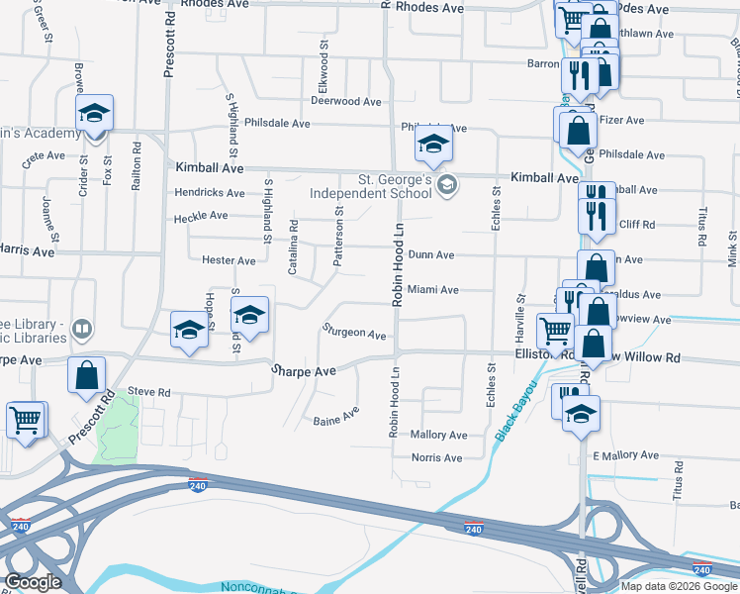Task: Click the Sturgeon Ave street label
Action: click(x=353, y=335)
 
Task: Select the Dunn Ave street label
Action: click(x=431, y=255)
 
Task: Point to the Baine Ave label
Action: click(x=335, y=420)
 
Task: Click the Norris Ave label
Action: click(x=437, y=458)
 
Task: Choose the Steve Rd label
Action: click(x=149, y=393)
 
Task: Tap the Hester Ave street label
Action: click(x=229, y=261)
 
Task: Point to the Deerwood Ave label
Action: click(x=345, y=102)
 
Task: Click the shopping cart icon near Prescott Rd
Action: click(x=27, y=419)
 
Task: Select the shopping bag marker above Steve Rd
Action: click(x=87, y=375)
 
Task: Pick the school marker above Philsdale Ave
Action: click(x=432, y=145)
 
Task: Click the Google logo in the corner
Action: click(x=33, y=582)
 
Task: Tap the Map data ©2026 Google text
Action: click(x=679, y=586)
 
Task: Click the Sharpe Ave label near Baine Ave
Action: click(x=304, y=370)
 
